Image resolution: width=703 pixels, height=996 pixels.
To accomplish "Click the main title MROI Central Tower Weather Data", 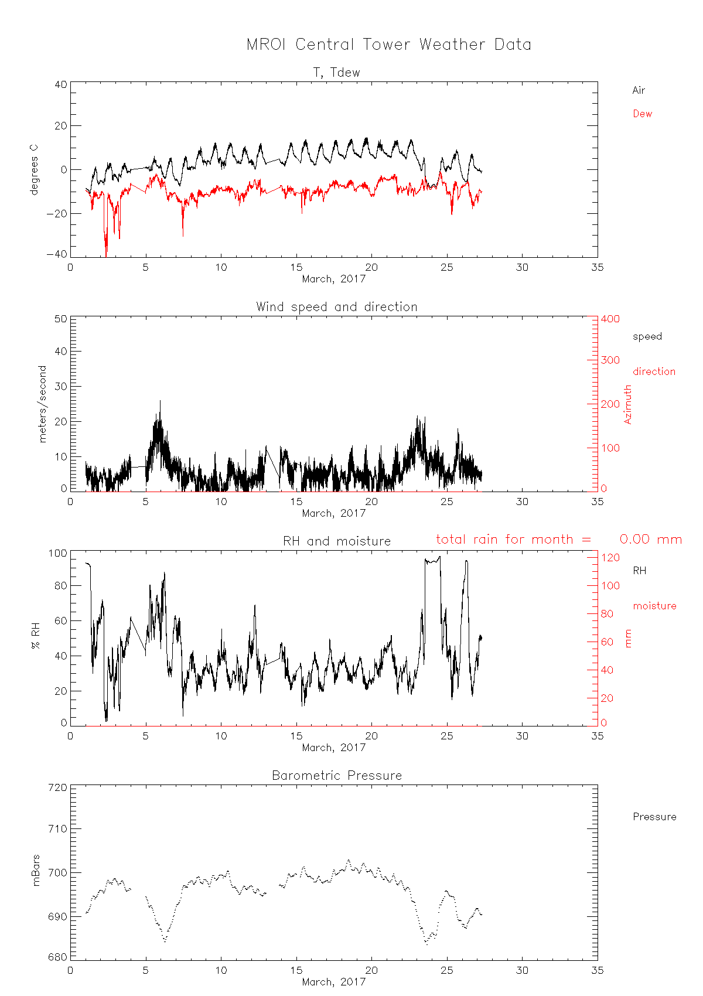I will (x=388, y=45).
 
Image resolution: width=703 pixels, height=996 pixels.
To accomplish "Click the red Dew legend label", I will (x=642, y=114).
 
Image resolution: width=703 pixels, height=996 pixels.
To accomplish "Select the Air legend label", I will (x=639, y=90).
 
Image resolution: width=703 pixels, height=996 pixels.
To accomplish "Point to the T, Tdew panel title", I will (x=336, y=73).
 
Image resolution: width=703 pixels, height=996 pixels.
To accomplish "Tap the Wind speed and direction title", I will (x=336, y=307).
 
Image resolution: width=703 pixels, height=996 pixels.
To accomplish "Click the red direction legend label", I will (x=654, y=371).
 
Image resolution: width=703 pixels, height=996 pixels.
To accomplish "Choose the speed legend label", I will (x=647, y=336).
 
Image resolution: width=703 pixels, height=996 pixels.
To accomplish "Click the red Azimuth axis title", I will (x=628, y=404).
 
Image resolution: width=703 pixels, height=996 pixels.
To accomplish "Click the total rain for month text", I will (x=513, y=540).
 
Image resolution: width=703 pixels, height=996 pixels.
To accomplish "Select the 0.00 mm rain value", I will (x=650, y=540).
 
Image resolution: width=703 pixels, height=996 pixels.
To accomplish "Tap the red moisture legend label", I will (x=654, y=606).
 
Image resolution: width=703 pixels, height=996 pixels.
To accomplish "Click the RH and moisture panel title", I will (x=336, y=541).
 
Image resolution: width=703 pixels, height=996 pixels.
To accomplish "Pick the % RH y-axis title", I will (x=36, y=636).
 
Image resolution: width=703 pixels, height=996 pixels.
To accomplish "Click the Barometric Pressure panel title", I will (x=336, y=776).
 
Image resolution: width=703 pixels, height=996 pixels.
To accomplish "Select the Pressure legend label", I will (x=654, y=817).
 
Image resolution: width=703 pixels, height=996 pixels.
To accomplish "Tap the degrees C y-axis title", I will (x=34, y=168).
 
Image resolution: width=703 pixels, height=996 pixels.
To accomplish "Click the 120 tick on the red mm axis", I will (x=610, y=558).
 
